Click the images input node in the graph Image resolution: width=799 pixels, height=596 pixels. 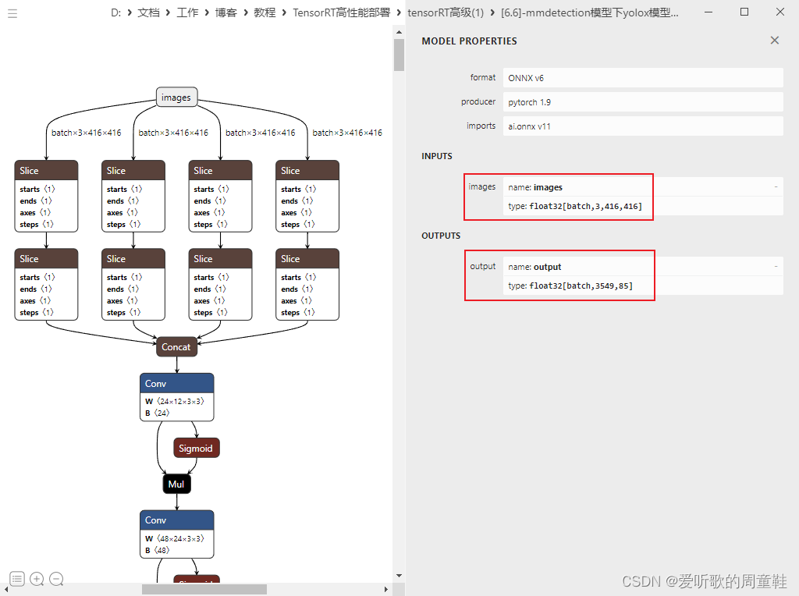click(176, 98)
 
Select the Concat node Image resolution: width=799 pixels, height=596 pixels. click(176, 347)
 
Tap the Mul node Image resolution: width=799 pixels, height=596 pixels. click(176, 484)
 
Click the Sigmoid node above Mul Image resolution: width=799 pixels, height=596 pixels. click(196, 448)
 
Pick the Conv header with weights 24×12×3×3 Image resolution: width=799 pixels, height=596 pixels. click(176, 383)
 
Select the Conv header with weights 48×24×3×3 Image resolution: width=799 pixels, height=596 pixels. click(176, 520)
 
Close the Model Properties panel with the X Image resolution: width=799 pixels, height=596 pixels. click(775, 41)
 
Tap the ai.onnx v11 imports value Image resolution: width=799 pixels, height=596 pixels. click(530, 126)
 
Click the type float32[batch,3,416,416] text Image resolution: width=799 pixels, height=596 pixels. click(575, 206)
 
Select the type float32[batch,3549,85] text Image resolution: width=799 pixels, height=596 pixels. click(570, 286)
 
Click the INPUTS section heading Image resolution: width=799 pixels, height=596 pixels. click(437, 156)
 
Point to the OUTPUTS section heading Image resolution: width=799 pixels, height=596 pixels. click(441, 236)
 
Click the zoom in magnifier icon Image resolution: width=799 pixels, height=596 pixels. click(37, 579)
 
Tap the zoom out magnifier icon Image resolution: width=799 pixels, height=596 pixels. click(56, 579)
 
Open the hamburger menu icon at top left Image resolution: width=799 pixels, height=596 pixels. click(12, 13)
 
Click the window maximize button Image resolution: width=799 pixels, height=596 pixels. click(744, 12)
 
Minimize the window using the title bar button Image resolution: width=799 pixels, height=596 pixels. click(709, 12)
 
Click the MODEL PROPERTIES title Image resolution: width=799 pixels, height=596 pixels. click(469, 41)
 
